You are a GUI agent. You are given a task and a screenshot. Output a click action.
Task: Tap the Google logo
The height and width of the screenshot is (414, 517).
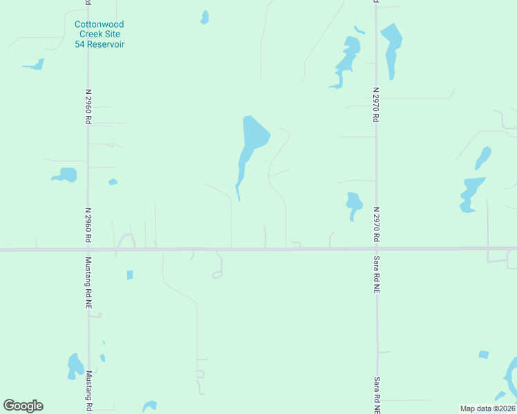tap(23, 406)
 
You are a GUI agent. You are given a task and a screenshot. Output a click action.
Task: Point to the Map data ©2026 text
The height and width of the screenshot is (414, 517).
tap(487, 408)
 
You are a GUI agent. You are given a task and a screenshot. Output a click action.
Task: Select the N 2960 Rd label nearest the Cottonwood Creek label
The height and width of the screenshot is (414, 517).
tap(88, 106)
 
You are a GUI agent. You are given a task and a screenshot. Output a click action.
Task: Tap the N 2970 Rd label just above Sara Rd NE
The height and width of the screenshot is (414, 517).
tap(377, 224)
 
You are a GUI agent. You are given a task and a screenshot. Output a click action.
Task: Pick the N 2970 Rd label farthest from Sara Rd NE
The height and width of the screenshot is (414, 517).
tap(377, 104)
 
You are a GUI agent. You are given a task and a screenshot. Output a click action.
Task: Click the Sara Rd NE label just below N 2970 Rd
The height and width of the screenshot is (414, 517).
tap(377, 274)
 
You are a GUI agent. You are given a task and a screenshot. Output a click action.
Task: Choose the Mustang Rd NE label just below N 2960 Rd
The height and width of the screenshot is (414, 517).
tap(88, 283)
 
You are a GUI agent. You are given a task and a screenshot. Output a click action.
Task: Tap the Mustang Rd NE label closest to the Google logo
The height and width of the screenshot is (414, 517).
tap(88, 391)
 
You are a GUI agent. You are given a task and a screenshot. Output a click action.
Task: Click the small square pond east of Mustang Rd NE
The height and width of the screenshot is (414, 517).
tap(130, 275)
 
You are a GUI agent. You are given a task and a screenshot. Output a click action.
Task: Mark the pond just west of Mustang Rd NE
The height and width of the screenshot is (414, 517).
tap(75, 366)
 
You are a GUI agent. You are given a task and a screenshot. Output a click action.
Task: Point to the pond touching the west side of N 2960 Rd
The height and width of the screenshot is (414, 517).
tap(66, 175)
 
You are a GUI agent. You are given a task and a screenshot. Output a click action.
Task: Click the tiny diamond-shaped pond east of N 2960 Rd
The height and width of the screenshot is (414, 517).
tap(113, 182)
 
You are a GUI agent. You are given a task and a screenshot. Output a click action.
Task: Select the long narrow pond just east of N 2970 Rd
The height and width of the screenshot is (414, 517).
tap(391, 48)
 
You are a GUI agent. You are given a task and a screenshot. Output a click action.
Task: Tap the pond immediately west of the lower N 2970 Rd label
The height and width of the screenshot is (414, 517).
tap(354, 203)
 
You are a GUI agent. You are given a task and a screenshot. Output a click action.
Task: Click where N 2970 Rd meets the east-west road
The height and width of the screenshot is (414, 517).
tap(377, 248)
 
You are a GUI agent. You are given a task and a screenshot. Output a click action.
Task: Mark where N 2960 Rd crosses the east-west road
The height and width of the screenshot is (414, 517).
tap(88, 249)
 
